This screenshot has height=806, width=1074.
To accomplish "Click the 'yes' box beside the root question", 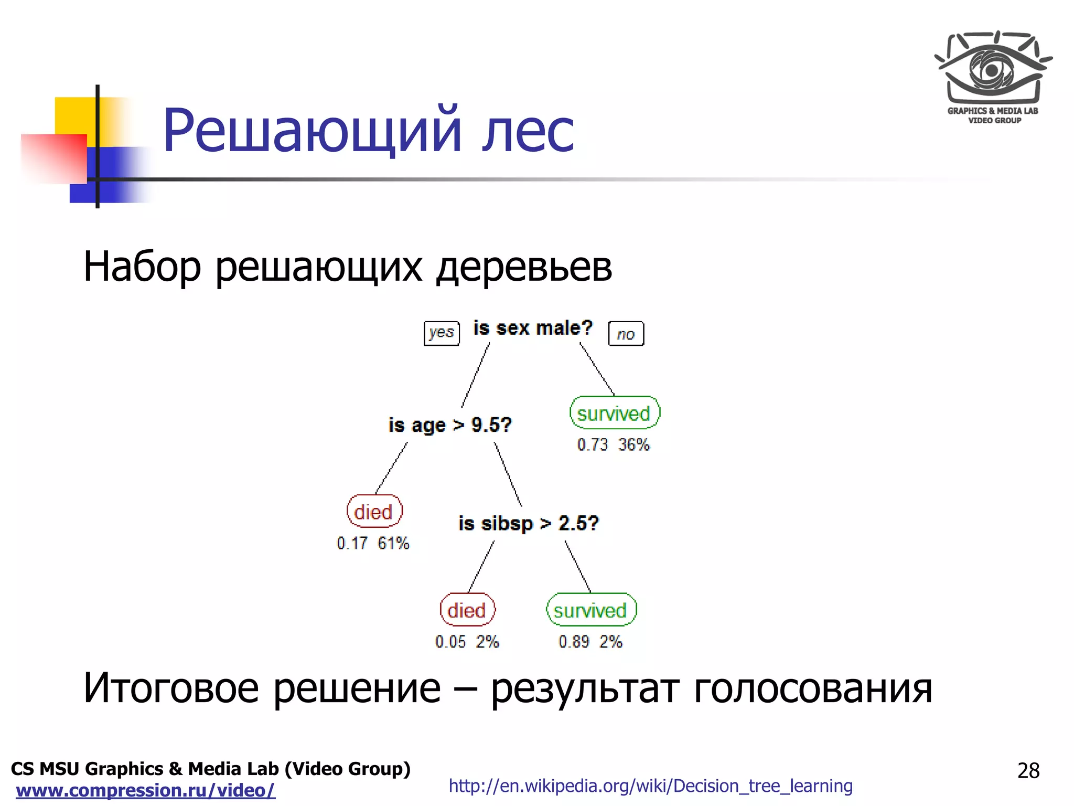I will (442, 333).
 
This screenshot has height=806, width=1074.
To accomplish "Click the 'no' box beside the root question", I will (626, 334).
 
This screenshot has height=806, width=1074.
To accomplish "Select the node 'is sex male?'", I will (533, 328).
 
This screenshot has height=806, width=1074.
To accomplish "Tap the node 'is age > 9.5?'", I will (450, 425).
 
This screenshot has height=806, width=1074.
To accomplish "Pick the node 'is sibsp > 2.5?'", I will (528, 523).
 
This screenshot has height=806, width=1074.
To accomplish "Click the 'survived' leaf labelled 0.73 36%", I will (614, 413).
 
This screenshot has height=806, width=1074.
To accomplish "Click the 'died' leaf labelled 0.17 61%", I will (374, 512).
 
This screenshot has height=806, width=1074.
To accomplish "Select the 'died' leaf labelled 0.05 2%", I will (467, 610).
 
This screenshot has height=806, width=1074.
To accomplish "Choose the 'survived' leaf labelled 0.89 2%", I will (591, 610).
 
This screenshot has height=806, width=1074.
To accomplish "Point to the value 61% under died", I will (393, 543).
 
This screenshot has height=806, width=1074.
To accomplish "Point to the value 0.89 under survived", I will (574, 642).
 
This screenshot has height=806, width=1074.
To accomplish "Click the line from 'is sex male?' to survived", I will (597, 369).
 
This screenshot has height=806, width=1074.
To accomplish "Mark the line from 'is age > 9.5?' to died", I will (392, 468).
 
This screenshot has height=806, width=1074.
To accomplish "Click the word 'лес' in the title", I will (528, 131).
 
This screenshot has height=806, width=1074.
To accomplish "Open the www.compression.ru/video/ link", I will (145, 790).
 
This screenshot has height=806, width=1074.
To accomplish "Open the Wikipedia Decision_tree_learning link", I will (650, 786).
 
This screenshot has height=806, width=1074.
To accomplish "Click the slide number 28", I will (1028, 771).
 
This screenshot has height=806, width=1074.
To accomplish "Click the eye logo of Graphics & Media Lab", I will (993, 68).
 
